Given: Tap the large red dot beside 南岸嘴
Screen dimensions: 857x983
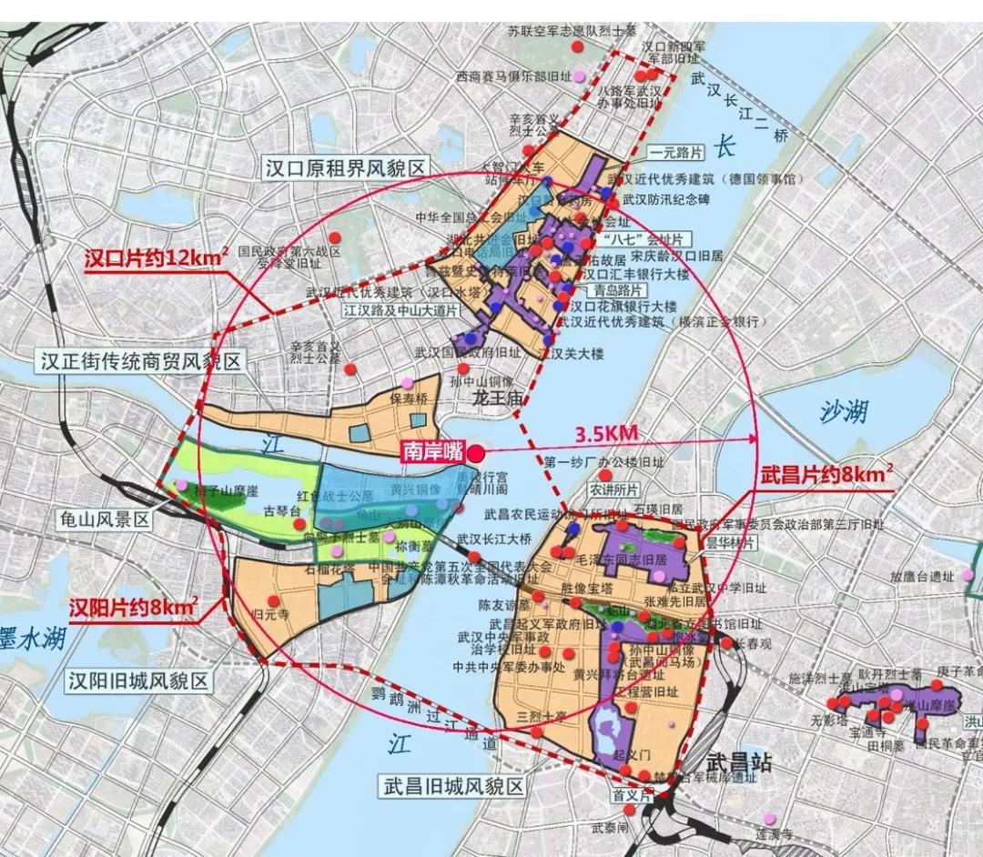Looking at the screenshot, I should tap(476, 450).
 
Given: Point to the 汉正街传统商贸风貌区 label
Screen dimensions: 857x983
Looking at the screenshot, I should tap(142, 361).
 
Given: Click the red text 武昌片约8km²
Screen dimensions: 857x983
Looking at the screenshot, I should tap(826, 475).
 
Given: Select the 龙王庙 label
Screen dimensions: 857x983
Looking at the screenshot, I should tap(493, 398).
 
